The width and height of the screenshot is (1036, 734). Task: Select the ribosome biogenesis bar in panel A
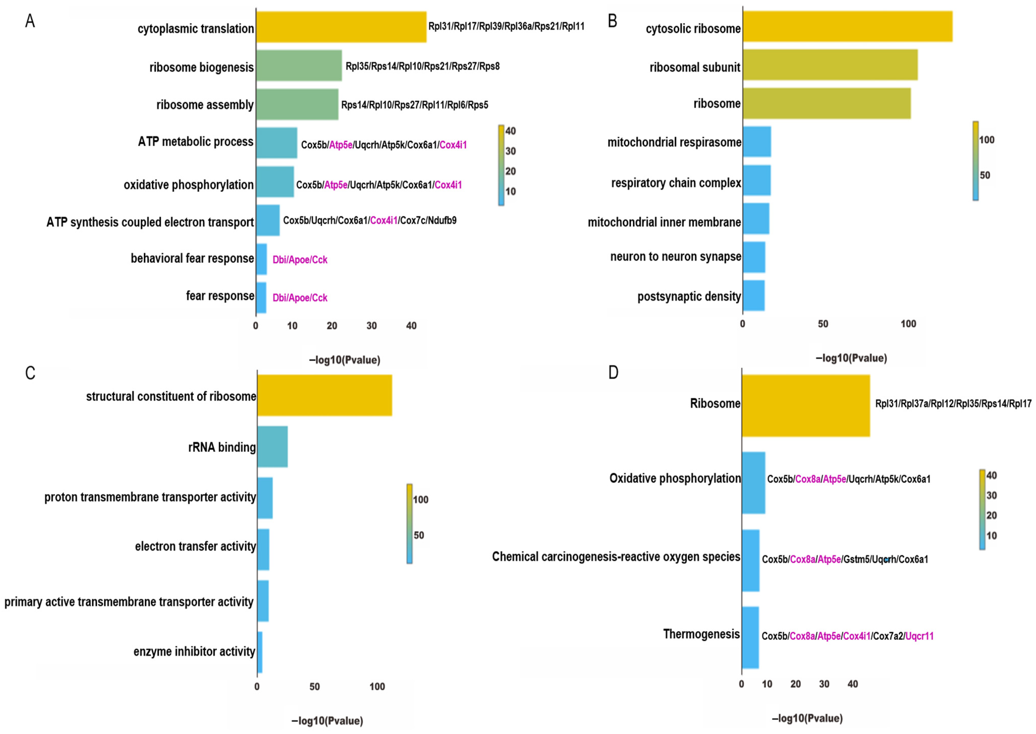pyautogui.click(x=299, y=66)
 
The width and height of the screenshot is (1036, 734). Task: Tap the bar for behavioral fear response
pyautogui.click(x=261, y=259)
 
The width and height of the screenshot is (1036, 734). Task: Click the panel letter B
pyautogui.click(x=612, y=21)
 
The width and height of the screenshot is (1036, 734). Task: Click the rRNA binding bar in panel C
pyautogui.click(x=272, y=447)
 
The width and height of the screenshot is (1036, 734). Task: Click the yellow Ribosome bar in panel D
pyautogui.click(x=805, y=405)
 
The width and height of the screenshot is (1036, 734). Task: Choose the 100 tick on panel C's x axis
pyautogui.click(x=377, y=687)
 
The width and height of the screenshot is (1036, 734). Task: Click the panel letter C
pyautogui.click(x=30, y=373)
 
